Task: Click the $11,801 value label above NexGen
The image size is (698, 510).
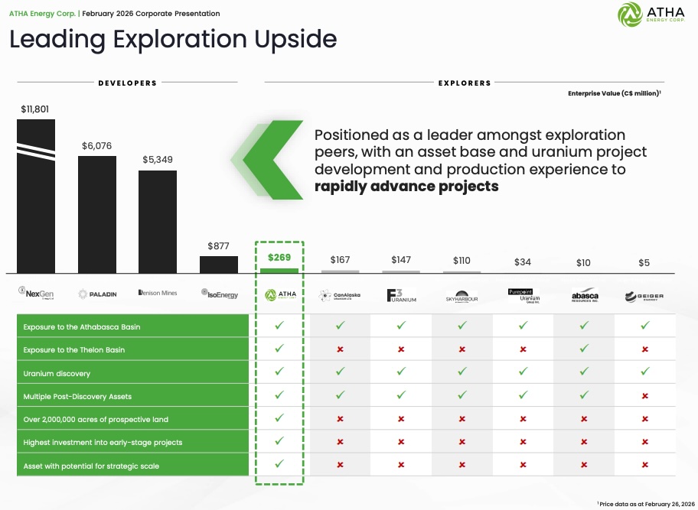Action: (35, 109)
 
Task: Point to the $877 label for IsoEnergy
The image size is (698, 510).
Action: (218, 246)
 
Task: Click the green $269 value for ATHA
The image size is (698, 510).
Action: (279, 258)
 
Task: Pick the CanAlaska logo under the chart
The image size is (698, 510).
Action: (340, 295)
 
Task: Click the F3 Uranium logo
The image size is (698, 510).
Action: (401, 295)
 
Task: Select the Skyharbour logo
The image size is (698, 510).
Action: (462, 296)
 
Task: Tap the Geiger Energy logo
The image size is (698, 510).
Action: (644, 296)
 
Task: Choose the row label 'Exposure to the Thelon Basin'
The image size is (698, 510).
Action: (74, 349)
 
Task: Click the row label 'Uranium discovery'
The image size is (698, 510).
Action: (57, 373)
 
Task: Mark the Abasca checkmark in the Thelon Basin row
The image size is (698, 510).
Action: (584, 349)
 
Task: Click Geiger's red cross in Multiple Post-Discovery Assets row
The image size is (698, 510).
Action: (644, 396)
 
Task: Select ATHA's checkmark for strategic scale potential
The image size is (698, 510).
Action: (279, 463)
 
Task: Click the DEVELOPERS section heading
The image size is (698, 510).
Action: (127, 83)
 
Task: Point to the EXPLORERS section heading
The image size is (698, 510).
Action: (465, 83)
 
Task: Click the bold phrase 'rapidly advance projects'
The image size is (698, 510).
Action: (406, 187)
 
